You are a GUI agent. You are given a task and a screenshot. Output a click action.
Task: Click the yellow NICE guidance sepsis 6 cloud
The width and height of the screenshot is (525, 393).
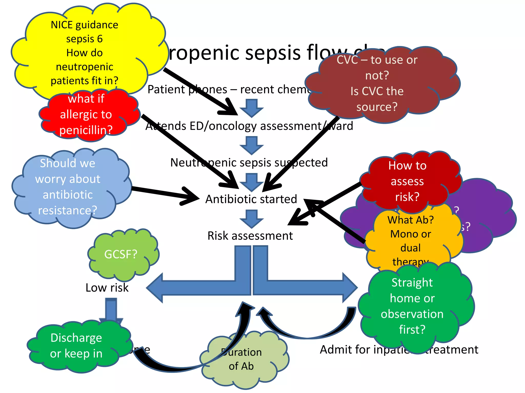coord(85,51)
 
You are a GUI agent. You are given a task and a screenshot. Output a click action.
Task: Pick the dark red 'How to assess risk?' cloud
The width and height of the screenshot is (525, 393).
coord(408,182)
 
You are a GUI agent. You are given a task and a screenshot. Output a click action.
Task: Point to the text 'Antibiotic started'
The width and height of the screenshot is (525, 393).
coord(251,199)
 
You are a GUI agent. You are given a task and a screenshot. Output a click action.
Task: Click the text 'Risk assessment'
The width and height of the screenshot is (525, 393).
coord(250,236)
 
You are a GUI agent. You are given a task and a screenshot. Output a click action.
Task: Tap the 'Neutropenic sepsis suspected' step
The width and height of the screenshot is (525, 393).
coord(249,162)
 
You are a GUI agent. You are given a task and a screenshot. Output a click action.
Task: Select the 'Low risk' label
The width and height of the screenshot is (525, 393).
coord(107,288)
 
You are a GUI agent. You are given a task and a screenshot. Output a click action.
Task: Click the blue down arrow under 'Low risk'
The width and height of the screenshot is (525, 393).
coord(111,310)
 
